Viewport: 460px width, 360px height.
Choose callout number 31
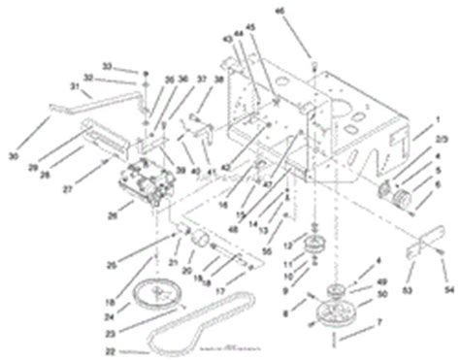(73, 84)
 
